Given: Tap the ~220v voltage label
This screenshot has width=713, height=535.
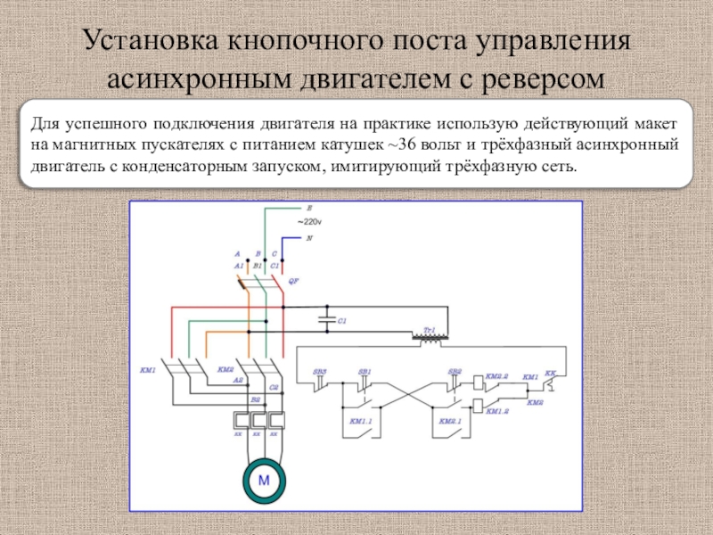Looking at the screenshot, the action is point(311,220).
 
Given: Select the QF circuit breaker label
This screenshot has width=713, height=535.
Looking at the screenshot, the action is point(293,279).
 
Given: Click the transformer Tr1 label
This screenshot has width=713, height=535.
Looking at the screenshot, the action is point(429,329).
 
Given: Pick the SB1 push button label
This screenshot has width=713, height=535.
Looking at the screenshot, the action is point(365,371).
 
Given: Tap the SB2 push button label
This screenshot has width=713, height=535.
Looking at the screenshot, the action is point(455,371).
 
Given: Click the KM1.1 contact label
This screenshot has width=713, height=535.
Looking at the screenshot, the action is point(361,419).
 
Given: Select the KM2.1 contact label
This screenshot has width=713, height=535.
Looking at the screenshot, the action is point(448,419).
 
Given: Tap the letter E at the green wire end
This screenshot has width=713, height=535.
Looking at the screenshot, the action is point(309,208).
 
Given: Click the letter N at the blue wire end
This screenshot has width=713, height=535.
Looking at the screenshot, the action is point(309,238).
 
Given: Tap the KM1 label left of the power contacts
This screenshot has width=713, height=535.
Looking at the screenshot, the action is point(148,369).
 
